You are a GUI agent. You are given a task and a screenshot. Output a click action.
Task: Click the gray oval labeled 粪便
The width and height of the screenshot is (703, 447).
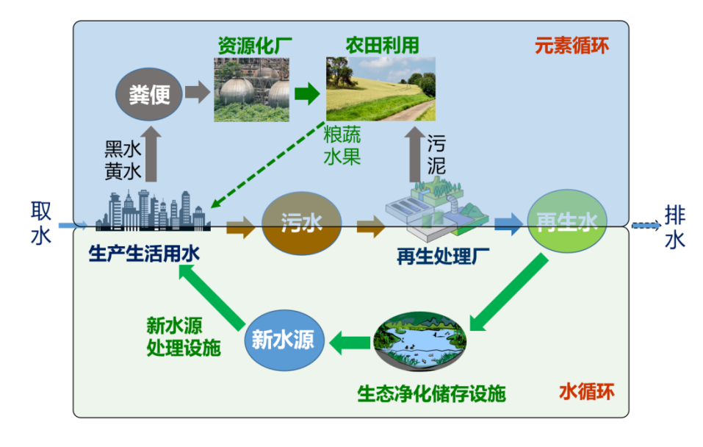149,94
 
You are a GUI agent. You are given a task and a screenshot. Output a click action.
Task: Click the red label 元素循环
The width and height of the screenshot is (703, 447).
572,46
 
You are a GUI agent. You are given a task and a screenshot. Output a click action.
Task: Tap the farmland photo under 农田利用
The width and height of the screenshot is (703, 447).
381,89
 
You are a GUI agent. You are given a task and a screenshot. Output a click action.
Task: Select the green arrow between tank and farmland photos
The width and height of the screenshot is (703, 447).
306,93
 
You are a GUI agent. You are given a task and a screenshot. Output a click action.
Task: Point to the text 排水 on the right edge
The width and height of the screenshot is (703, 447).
674,226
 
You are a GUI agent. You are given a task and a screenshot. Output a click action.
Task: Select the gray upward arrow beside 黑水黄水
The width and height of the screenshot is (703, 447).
151,155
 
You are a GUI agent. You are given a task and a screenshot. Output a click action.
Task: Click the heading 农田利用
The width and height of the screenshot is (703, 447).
382,44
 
